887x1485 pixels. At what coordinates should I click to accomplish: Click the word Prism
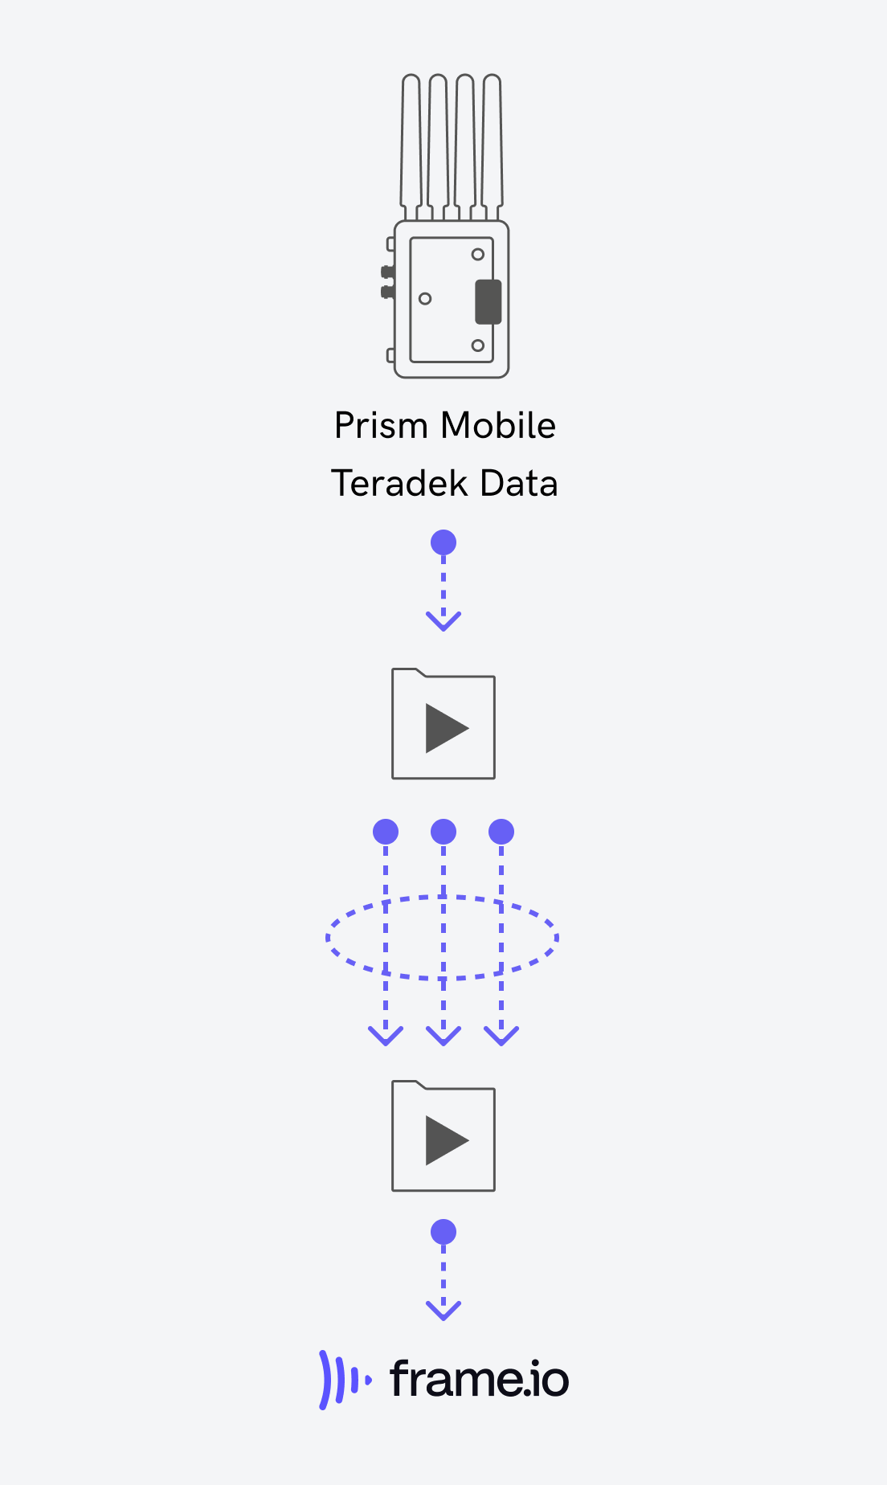[x=381, y=426]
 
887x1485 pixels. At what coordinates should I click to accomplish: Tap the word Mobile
[x=499, y=425]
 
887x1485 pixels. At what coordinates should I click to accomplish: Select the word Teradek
[x=399, y=483]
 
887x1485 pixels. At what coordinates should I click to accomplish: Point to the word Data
[x=519, y=483]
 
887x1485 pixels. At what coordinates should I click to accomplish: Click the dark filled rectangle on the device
[x=488, y=302]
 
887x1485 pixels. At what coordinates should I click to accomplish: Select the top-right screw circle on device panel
[x=478, y=255]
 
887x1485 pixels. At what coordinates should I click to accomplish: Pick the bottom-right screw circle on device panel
[x=478, y=346]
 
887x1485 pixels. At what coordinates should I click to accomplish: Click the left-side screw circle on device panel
[x=426, y=299]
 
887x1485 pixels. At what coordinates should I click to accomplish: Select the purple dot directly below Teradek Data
[x=443, y=542]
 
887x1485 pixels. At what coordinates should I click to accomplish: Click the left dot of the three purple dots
[x=386, y=832]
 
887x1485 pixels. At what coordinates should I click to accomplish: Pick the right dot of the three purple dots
[x=501, y=832]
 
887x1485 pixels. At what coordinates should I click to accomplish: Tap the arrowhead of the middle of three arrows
[x=443, y=1036]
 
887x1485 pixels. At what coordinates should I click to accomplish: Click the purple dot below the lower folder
[x=443, y=1232]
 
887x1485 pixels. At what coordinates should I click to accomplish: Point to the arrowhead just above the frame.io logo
[x=443, y=1311]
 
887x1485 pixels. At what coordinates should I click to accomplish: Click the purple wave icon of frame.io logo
[x=345, y=1380]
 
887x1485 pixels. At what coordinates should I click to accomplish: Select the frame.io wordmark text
[x=480, y=1378]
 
